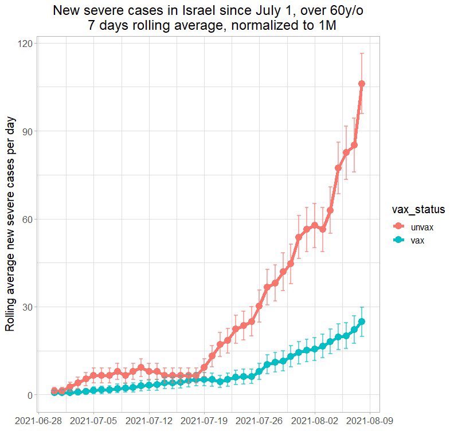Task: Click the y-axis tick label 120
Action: [26, 44]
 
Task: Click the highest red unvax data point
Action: [362, 84]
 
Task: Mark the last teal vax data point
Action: [362, 322]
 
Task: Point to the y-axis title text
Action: [10, 224]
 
